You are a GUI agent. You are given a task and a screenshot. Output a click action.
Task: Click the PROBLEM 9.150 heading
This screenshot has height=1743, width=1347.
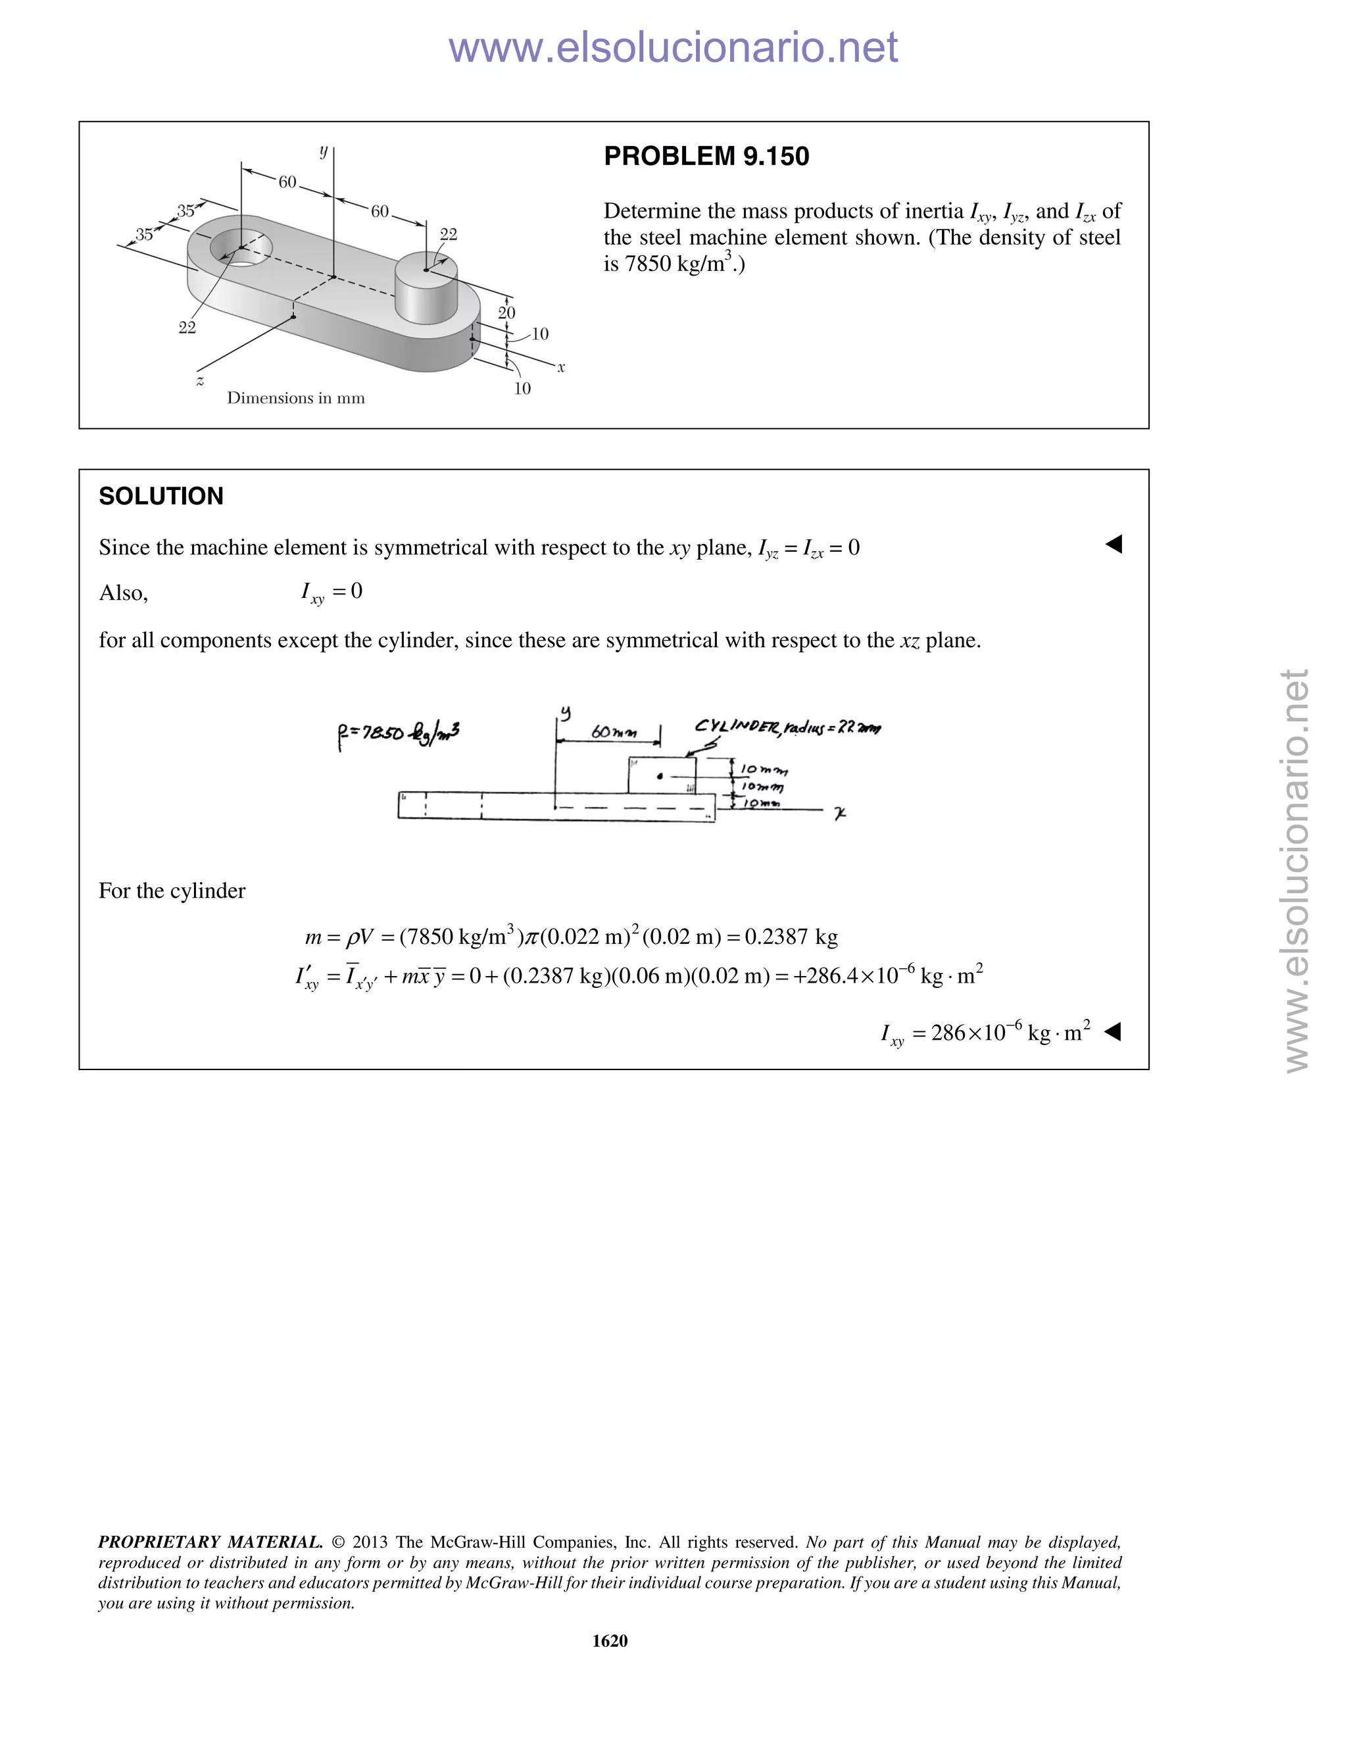click(x=706, y=157)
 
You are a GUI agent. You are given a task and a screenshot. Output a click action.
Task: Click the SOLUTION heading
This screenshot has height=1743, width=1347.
click(x=161, y=497)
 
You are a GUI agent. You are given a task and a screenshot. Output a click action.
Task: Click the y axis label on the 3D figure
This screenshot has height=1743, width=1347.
click(x=323, y=150)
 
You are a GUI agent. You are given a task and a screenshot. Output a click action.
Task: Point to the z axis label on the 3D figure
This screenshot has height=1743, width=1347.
click(x=199, y=381)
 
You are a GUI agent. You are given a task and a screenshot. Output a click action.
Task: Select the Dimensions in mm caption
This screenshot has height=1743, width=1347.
click(x=295, y=397)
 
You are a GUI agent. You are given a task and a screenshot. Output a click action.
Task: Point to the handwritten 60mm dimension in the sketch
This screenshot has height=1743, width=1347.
click(x=614, y=731)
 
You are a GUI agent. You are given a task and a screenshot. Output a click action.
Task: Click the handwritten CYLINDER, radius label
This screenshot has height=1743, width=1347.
click(x=787, y=727)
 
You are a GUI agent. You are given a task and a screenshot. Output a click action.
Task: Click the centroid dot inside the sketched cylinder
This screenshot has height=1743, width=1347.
click(x=659, y=775)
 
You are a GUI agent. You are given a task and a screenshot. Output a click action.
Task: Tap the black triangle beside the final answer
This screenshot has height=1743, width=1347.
click(x=1112, y=1032)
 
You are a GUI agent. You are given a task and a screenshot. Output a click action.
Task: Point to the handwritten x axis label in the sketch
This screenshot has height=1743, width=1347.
click(x=839, y=813)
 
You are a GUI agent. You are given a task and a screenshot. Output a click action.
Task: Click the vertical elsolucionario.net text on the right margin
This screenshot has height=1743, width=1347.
click(x=1297, y=870)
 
